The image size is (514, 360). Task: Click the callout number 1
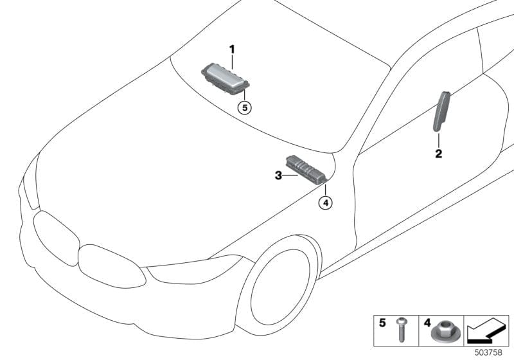pos(233,49)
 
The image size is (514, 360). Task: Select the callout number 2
pos(438,154)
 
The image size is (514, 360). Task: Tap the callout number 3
pos(278,175)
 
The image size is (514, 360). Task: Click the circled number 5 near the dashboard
pos(244,107)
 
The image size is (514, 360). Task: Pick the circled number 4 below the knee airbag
pos(326,203)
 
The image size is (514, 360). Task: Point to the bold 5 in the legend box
pos(383,323)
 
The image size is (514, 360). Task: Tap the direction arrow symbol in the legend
pos(486,331)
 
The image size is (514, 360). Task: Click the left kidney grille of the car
pos(56,237)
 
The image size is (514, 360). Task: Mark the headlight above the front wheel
pos(193,269)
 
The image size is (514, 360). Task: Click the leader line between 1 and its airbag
pos(233,61)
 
